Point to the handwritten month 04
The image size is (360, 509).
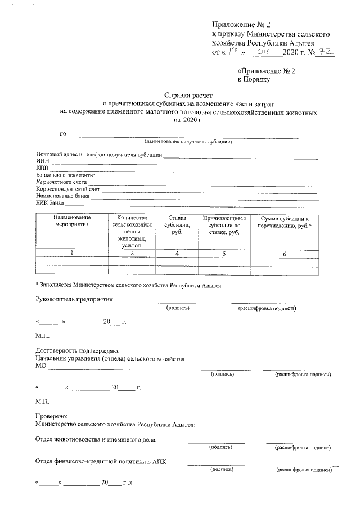[x=262, y=52]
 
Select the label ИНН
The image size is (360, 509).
[x=43, y=161]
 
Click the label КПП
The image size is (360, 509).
[x=43, y=168]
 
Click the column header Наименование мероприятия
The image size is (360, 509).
[x=73, y=221]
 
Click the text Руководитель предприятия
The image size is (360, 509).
[x=74, y=299]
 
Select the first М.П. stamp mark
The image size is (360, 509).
[x=42, y=336]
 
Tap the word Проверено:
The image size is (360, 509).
[x=52, y=416]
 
